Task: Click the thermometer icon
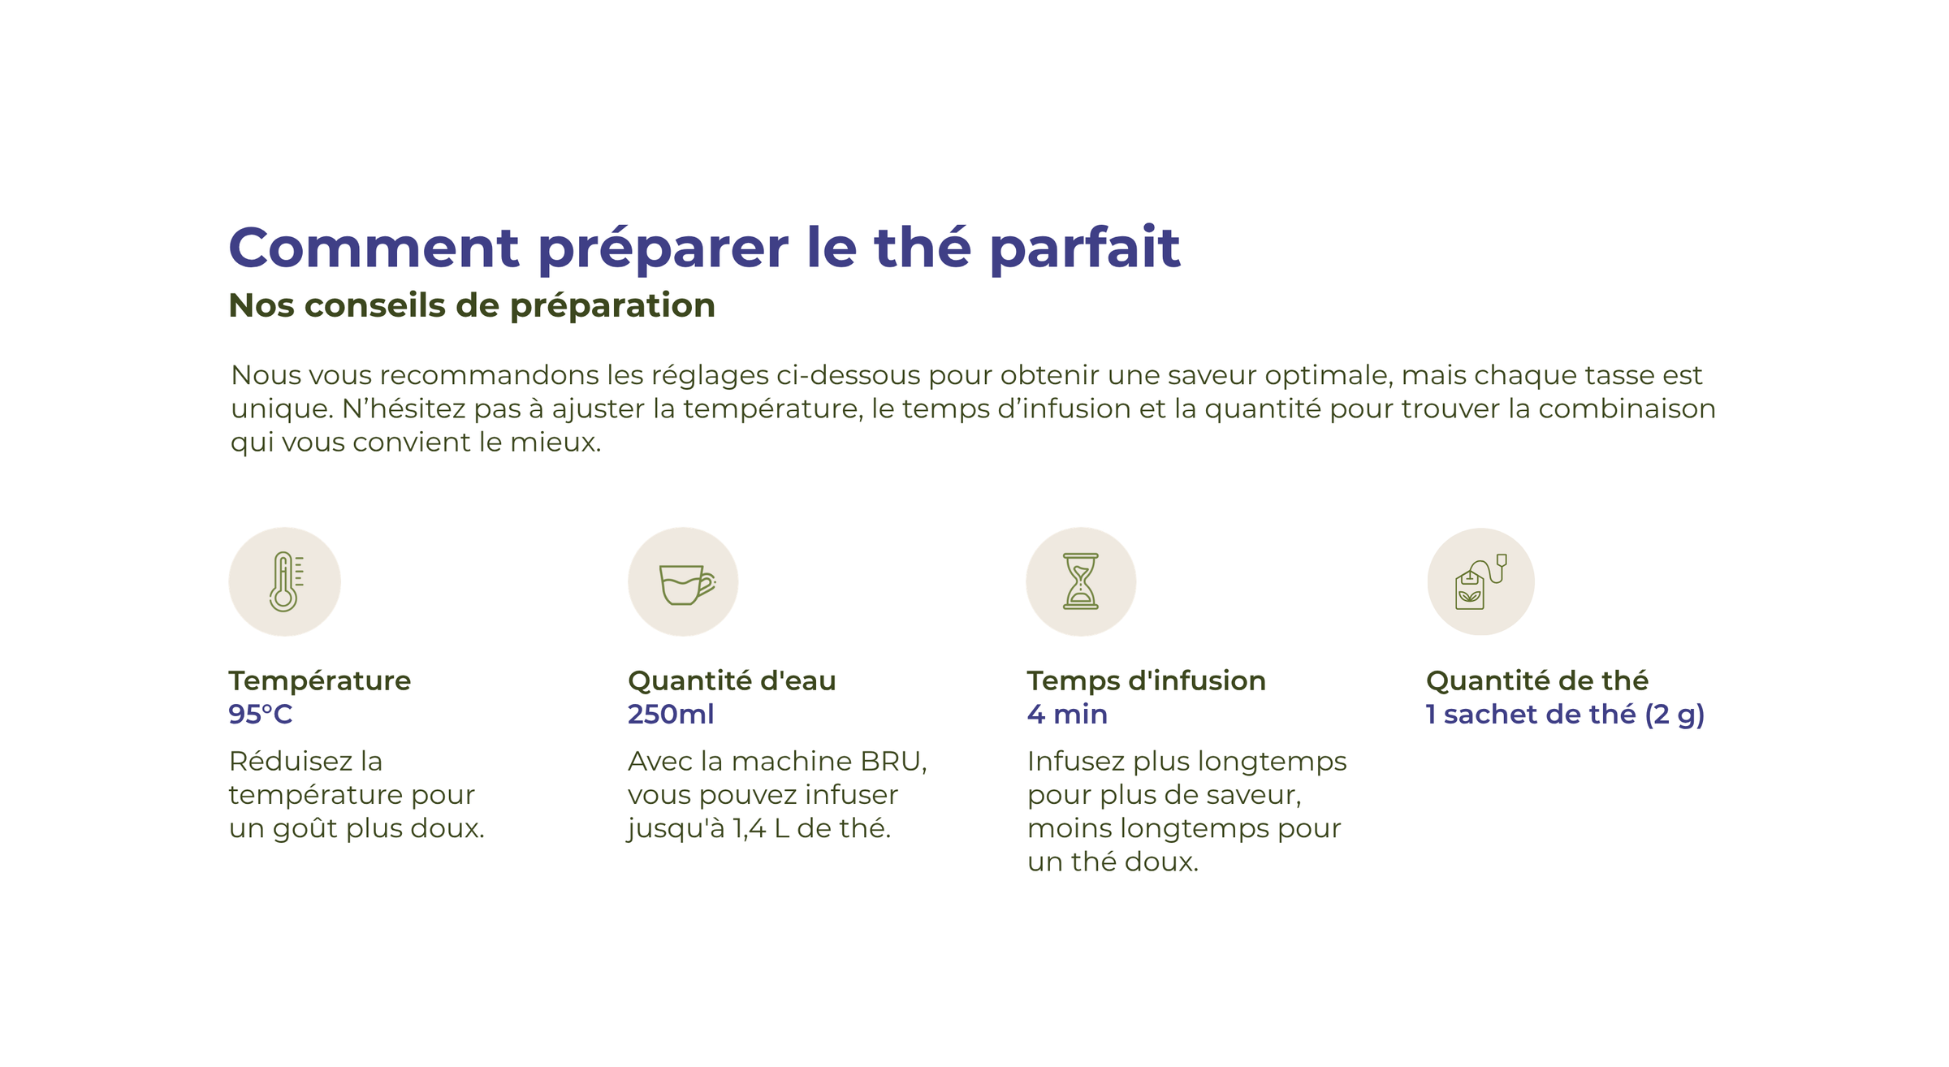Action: [x=284, y=581]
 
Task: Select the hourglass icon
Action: [x=1081, y=581]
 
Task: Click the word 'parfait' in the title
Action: [x=1084, y=248]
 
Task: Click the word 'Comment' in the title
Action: [x=374, y=247]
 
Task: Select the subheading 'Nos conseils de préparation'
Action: [x=472, y=306]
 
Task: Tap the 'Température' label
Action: [x=320, y=680]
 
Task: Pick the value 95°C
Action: [x=260, y=714]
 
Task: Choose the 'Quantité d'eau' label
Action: [x=732, y=680]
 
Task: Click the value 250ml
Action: [x=671, y=714]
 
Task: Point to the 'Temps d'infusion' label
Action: [x=1146, y=680]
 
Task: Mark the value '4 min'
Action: [x=1067, y=714]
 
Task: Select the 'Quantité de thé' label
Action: [x=1537, y=680]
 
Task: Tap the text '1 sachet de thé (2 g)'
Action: [x=1565, y=715]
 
